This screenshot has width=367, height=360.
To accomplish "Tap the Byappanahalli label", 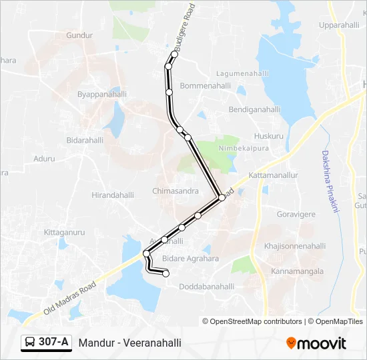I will click(101, 95).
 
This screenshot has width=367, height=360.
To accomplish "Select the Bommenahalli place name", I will click(205, 86).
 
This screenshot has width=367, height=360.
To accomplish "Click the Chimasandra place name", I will click(175, 191).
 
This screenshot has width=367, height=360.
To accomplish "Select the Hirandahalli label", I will click(113, 195).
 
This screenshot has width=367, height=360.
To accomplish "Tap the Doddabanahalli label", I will click(207, 286).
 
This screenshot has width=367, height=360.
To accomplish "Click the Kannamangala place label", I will click(297, 271).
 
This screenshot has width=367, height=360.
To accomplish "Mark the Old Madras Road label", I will click(69, 297).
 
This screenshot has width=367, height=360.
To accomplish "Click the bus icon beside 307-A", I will click(30, 343).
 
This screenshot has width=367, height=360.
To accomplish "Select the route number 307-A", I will click(53, 343).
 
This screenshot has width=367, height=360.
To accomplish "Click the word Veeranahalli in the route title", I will click(149, 343).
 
